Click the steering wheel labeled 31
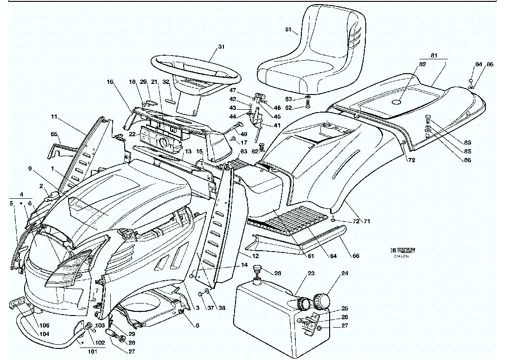[x=195, y=69]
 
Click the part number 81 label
[x=434, y=56]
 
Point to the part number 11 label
[x=55, y=116]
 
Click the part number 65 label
[x=54, y=134]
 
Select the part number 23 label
[x=311, y=273]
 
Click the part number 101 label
[x=93, y=351]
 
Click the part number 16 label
[x=110, y=82]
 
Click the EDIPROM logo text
[x=403, y=250]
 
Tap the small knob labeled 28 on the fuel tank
[x=256, y=269]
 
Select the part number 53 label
[x=300, y=99]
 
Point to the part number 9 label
[x=30, y=169]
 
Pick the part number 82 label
[x=409, y=64]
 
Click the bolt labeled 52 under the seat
[x=309, y=107]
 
